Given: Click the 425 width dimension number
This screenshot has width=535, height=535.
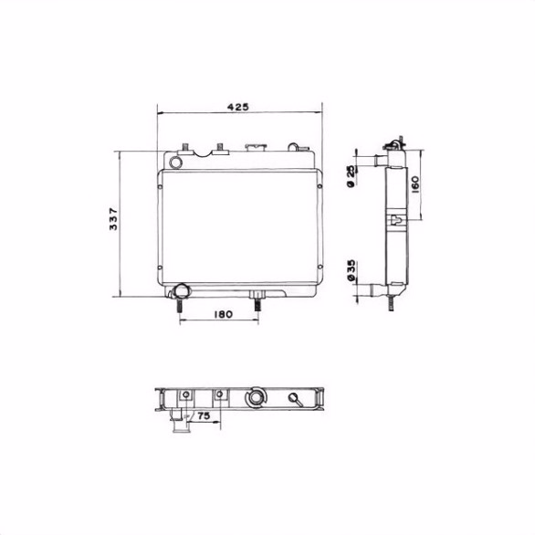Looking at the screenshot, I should click(x=238, y=107).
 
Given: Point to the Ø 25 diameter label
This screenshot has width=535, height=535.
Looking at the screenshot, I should click(x=352, y=177).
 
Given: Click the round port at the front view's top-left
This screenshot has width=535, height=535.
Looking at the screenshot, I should click(x=177, y=161).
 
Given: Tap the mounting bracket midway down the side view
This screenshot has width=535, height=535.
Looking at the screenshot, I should click(x=397, y=221).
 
